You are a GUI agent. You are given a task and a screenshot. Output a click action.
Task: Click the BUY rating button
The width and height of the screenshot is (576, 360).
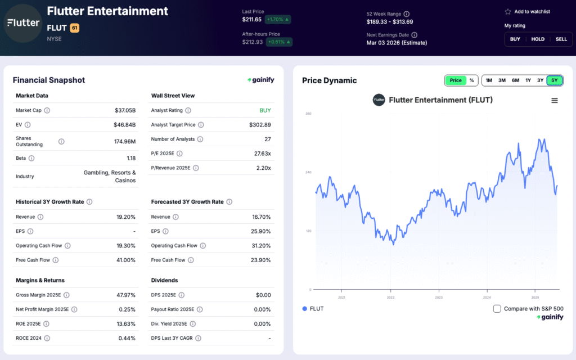coord(515,39)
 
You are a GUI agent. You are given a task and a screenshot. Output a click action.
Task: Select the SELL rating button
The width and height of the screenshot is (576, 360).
coord(561,39)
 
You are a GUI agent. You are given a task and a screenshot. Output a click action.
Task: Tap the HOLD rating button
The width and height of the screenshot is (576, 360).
coord(538,39)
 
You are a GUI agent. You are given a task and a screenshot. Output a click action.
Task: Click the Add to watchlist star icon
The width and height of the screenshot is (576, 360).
coord(508,12)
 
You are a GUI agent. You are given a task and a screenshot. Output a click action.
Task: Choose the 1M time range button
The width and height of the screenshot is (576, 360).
coord(489,80)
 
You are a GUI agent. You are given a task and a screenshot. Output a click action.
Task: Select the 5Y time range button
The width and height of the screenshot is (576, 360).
coord(555,80)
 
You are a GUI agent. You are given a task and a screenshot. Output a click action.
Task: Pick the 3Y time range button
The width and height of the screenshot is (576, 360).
coord(541,80)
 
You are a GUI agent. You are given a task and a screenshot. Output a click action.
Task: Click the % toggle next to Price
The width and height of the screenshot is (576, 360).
coord(471,80)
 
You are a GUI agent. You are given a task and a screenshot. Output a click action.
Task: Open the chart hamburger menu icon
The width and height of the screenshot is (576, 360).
coord(555,101)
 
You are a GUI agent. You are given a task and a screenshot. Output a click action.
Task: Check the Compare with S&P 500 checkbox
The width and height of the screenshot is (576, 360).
coord(497,308)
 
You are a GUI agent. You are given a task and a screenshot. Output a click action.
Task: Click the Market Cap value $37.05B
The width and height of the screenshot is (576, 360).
coord(125,110)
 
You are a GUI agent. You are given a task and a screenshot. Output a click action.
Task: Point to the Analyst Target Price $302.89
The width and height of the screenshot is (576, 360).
coord(260,125)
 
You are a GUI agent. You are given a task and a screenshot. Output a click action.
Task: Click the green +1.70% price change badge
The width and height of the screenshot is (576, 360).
coord(278,20)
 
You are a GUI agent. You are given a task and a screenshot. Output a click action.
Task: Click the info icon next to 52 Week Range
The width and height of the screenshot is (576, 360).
coord(407,14)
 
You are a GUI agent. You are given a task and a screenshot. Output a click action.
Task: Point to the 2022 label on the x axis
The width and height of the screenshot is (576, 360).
coord(390,298)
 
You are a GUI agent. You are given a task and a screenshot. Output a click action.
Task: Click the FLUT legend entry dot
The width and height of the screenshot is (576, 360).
coord(305,308)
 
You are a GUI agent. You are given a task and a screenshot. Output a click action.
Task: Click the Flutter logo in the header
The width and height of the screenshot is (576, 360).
coord(23,23)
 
